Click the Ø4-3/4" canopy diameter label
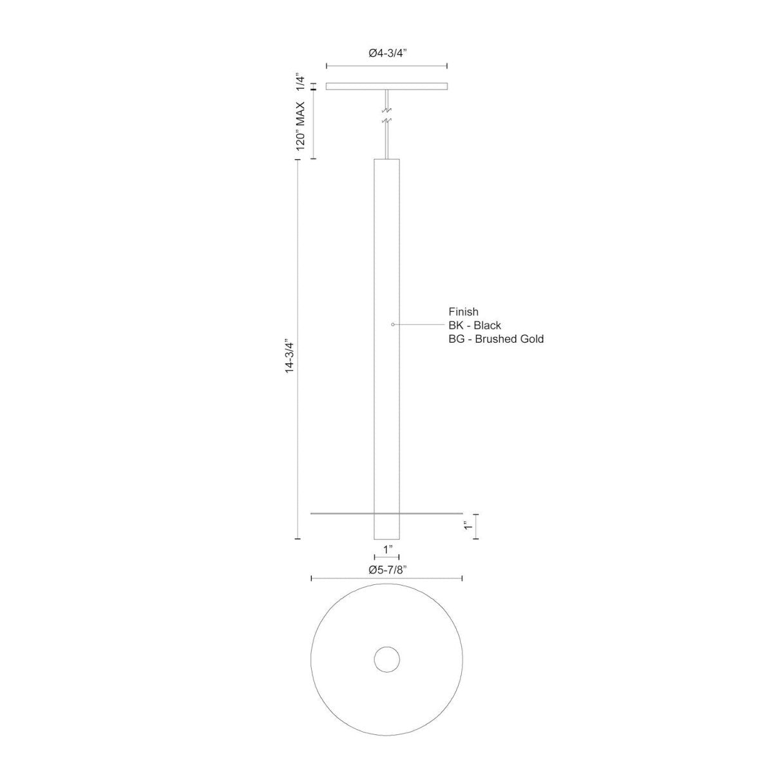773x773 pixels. pyautogui.click(x=387, y=54)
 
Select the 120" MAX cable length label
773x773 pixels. pyautogui.click(x=300, y=126)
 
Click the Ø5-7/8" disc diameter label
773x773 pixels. pyautogui.click(x=387, y=569)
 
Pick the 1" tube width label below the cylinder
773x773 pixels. pyautogui.click(x=388, y=549)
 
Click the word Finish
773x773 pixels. pyautogui.click(x=464, y=312)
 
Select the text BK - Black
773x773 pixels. pyautogui.click(x=475, y=325)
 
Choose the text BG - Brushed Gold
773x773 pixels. pyautogui.click(x=496, y=339)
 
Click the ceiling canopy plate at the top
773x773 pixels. pyautogui.click(x=387, y=86)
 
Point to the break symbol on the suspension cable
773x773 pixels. pyautogui.click(x=386, y=115)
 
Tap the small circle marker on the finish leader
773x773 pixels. pyautogui.click(x=393, y=325)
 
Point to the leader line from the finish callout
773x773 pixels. pyautogui.click(x=419, y=325)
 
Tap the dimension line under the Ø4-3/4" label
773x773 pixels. pyautogui.click(x=387, y=66)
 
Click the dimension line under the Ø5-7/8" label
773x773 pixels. pyautogui.click(x=387, y=579)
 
